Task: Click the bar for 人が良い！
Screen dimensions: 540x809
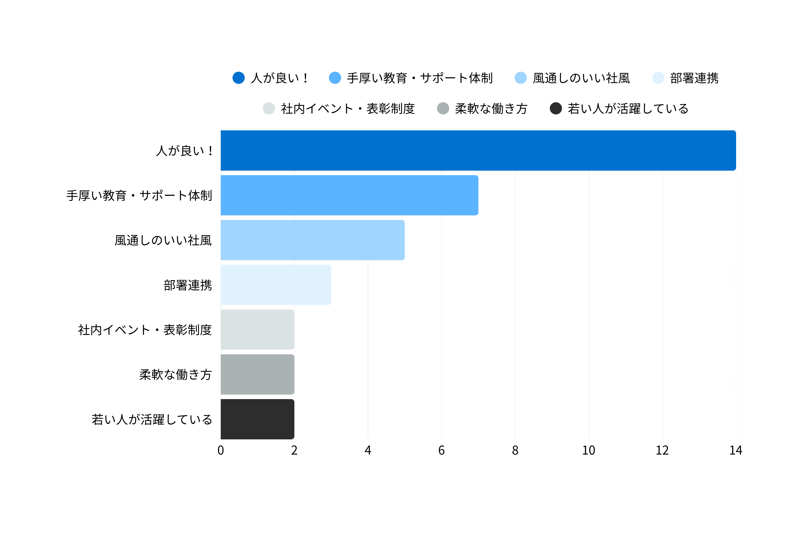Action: click(478, 150)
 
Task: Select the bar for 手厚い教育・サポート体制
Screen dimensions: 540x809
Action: click(349, 195)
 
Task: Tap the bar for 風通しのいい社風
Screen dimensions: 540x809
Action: click(312, 240)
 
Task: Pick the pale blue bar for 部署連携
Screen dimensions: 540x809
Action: click(276, 285)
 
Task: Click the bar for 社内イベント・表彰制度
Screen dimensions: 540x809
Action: click(257, 329)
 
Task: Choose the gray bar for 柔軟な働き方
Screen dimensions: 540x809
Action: click(257, 374)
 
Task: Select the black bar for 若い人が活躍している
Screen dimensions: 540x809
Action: click(257, 419)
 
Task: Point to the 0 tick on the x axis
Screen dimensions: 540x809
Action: click(221, 450)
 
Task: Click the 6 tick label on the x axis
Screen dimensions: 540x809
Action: click(442, 450)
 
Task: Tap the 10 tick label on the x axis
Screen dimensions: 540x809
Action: click(588, 450)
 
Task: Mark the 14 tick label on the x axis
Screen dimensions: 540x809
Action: click(736, 450)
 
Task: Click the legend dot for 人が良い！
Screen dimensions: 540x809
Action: click(239, 78)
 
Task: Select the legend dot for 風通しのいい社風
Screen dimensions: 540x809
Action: click(521, 78)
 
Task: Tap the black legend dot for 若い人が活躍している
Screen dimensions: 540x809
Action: click(556, 108)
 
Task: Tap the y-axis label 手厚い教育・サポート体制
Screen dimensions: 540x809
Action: click(139, 196)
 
